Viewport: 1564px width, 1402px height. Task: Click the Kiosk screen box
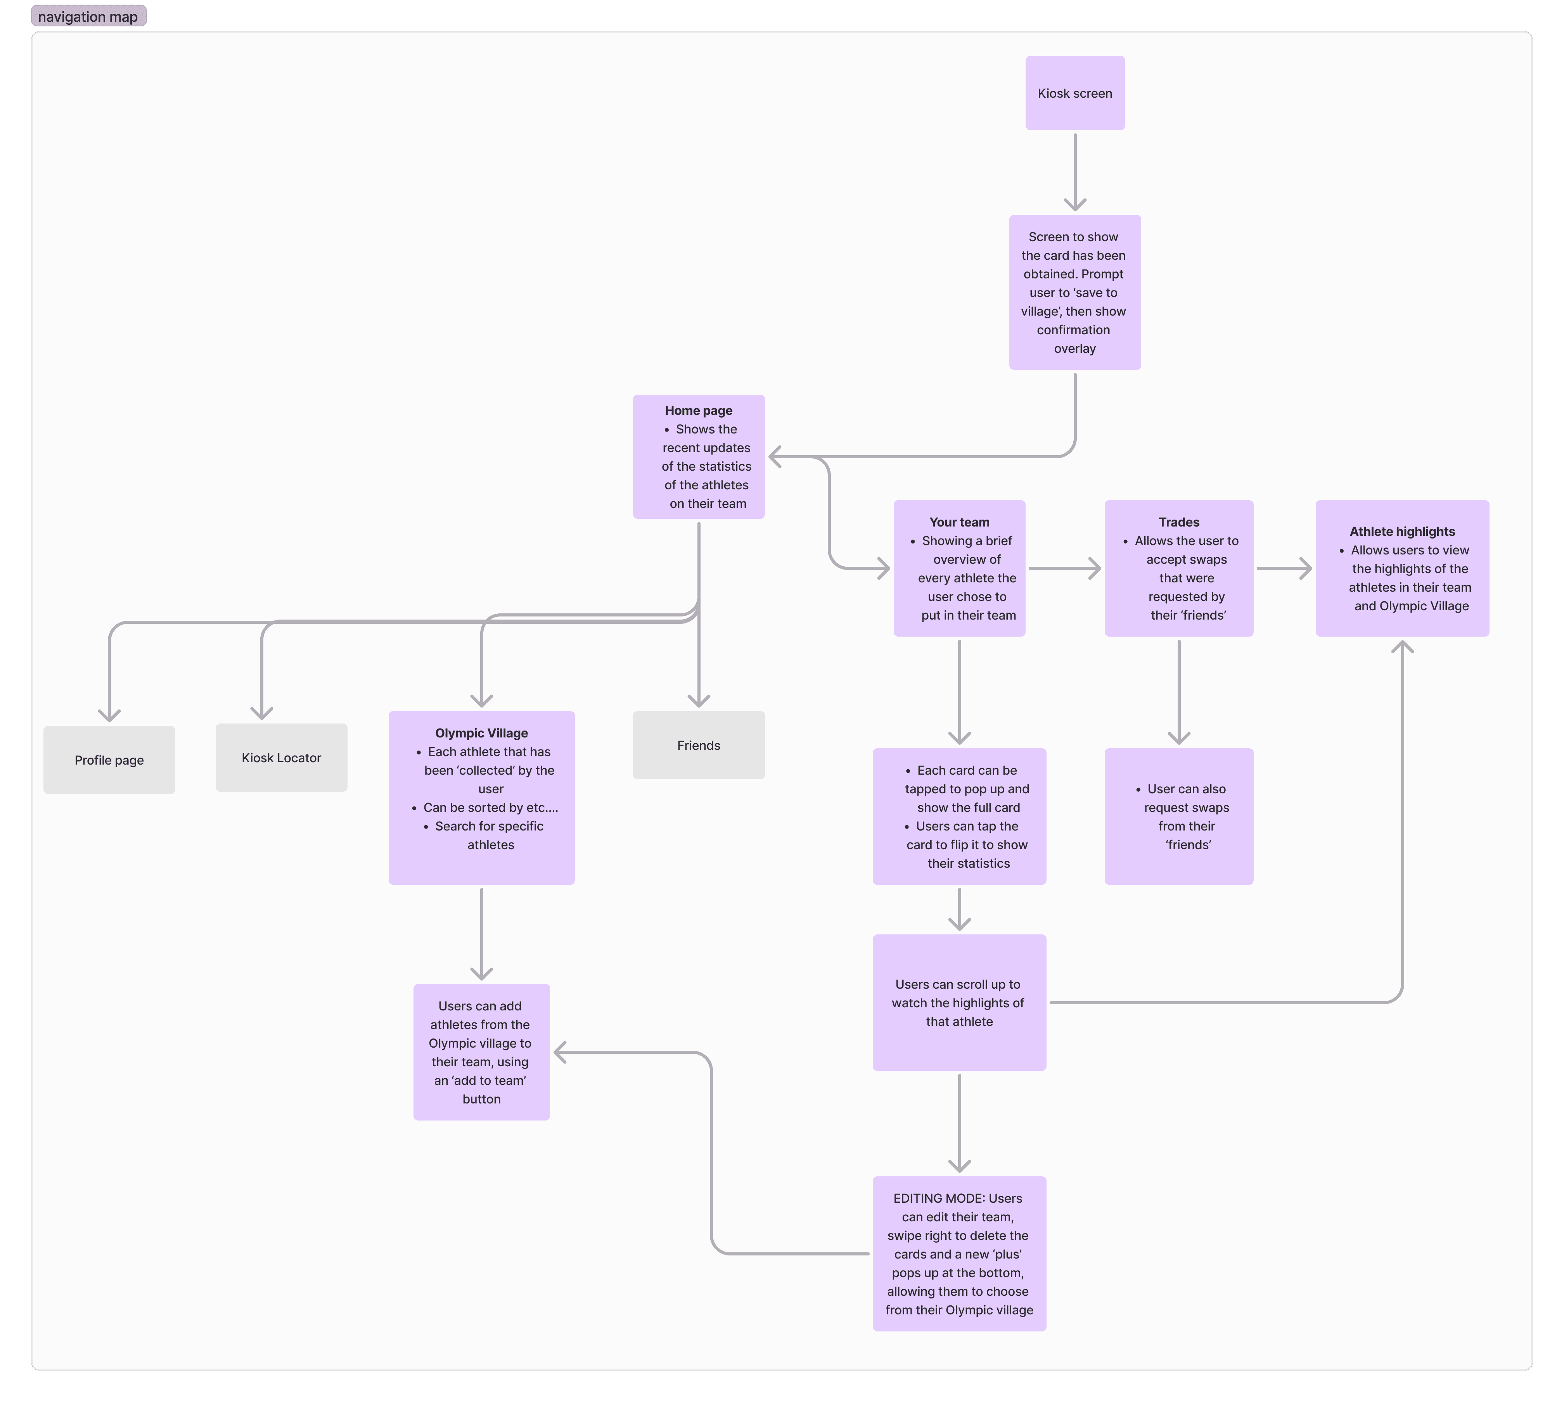click(x=1074, y=93)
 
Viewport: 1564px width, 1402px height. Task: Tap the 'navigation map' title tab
click(x=88, y=16)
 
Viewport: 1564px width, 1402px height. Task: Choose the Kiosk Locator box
click(x=281, y=757)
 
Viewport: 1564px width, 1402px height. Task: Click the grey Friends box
click(x=698, y=745)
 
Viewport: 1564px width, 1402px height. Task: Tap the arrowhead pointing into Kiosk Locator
click(x=262, y=713)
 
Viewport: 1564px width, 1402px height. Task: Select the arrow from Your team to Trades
click(x=1064, y=568)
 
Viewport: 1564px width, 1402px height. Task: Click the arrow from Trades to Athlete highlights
click(x=1284, y=568)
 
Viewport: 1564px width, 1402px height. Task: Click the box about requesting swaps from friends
click(x=1178, y=817)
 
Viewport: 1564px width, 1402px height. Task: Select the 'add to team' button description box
click(x=481, y=1052)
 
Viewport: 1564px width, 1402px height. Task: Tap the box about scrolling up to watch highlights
click(x=959, y=1002)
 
